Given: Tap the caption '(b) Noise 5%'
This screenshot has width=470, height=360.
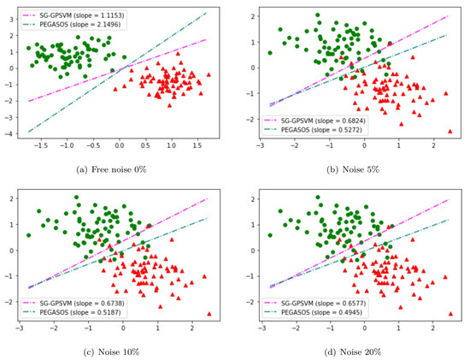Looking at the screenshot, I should click(x=350, y=169).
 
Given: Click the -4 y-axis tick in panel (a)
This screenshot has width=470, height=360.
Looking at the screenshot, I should click(x=12, y=132).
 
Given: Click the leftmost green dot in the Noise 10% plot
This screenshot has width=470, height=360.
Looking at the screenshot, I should click(x=28, y=235).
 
